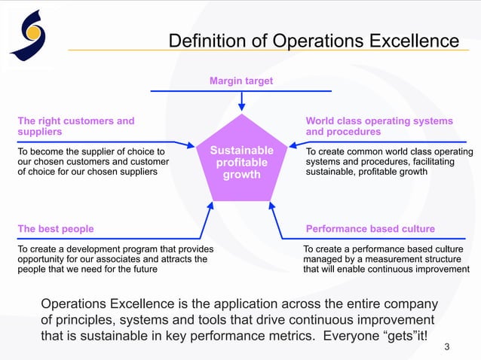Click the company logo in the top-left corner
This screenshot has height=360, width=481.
coord(29,35)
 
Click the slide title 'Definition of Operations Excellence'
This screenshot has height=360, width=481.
coord(313,40)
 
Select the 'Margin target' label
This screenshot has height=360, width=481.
coord(240,81)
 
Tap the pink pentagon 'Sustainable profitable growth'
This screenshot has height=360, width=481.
coord(240,160)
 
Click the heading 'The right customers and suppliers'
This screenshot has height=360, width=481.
coord(76,126)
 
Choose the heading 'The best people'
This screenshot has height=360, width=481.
coord(56,228)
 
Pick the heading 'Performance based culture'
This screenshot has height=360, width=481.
coord(370,228)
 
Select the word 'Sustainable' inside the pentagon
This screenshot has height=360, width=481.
coord(240,151)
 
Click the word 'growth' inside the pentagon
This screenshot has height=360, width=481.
coord(240,175)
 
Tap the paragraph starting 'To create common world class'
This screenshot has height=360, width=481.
coord(389,161)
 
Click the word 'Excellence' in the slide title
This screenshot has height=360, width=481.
coord(411,40)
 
